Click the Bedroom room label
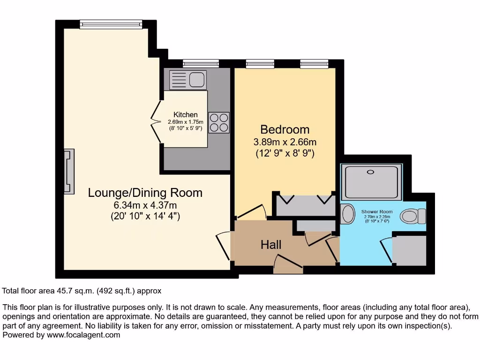click(x=285, y=129)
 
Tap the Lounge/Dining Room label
click(x=145, y=193)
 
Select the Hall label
click(x=271, y=245)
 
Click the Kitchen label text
click(x=186, y=115)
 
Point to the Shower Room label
click(x=376, y=212)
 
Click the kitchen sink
click(x=187, y=79)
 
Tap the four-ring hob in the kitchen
click(x=219, y=122)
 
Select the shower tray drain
click(x=371, y=172)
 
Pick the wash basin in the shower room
click(x=348, y=214)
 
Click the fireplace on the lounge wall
click(x=69, y=171)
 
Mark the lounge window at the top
click(x=111, y=24)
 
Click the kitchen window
click(x=201, y=63)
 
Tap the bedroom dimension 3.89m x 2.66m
click(x=285, y=142)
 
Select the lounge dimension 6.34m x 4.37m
click(x=145, y=205)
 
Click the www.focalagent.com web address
click(x=82, y=335)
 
